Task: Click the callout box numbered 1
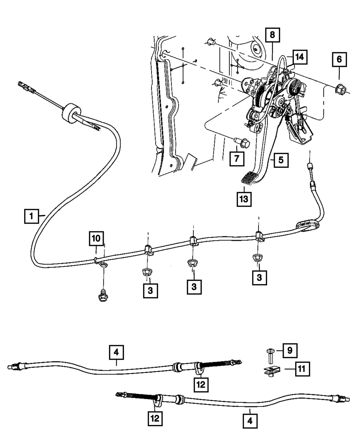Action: point(31,216)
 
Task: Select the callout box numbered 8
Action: point(272,35)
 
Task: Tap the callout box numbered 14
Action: point(300,57)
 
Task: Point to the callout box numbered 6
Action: point(339,60)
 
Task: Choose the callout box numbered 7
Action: point(237,159)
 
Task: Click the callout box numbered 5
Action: point(281,160)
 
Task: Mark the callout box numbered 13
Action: point(244,199)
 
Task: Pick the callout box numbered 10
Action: point(96,238)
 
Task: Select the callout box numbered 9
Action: point(290,351)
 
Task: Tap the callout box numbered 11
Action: point(303,369)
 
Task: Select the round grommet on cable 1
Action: point(71,114)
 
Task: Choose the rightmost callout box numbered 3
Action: point(260,278)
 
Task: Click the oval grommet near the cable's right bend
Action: point(308,226)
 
